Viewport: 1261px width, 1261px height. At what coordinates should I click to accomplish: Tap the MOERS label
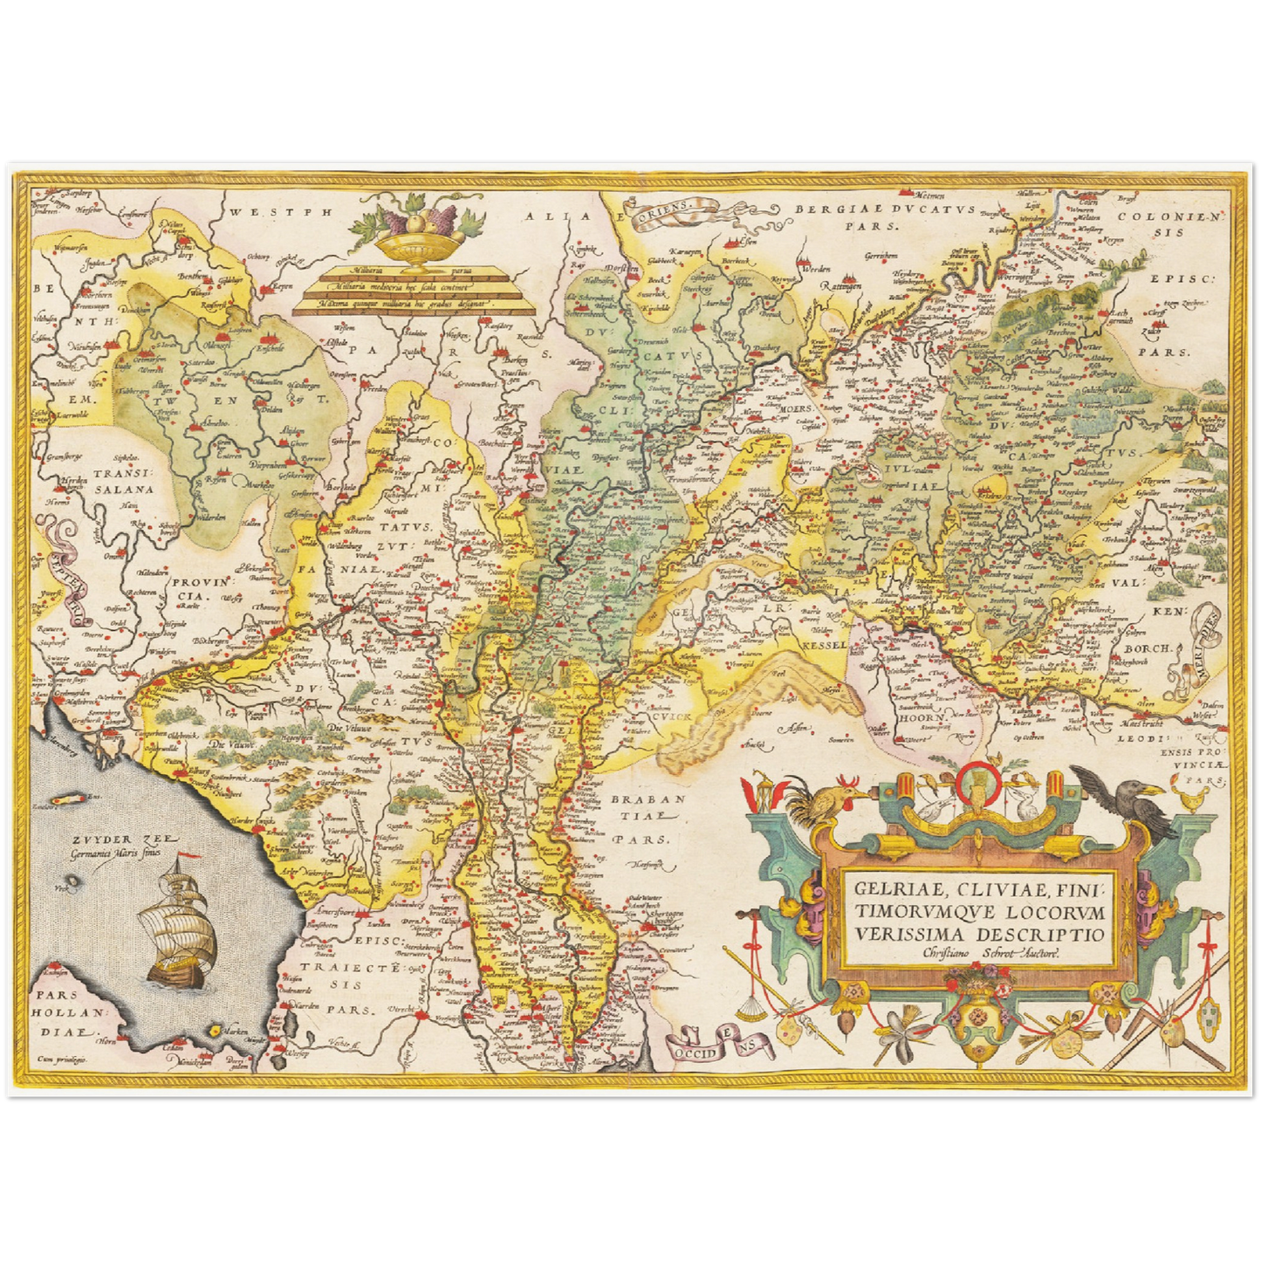point(796,408)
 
